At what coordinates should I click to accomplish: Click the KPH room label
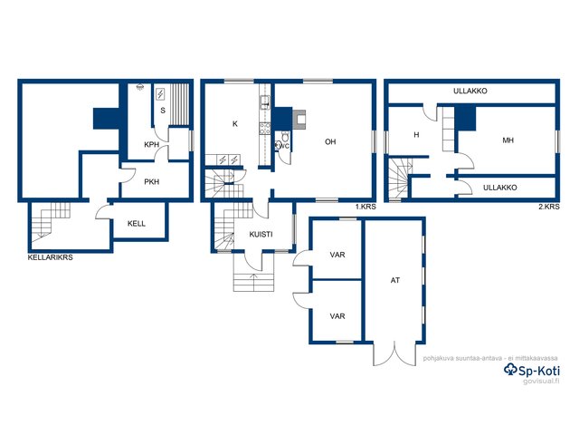click(151, 145)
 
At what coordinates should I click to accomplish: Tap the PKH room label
click(151, 181)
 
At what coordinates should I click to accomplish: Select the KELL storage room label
click(137, 224)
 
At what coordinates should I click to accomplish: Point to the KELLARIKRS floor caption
click(51, 257)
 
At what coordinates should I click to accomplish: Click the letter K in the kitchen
click(235, 124)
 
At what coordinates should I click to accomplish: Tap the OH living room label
click(330, 141)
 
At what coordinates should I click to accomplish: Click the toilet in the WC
click(285, 136)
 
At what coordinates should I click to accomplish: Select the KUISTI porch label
click(261, 234)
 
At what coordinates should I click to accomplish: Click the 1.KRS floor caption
click(365, 207)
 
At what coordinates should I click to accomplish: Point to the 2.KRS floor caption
click(549, 207)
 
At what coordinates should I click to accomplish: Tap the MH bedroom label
click(508, 140)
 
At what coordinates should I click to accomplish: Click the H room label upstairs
click(416, 135)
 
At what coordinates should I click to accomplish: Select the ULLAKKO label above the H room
click(470, 91)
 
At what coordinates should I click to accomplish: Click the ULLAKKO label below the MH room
click(500, 188)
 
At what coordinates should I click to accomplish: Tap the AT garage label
click(395, 280)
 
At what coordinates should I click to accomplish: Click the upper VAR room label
click(337, 255)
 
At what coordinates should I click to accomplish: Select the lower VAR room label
click(337, 316)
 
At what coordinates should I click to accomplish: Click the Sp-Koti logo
click(532, 370)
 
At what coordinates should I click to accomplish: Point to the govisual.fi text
click(541, 382)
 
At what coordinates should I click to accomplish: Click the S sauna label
click(163, 111)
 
